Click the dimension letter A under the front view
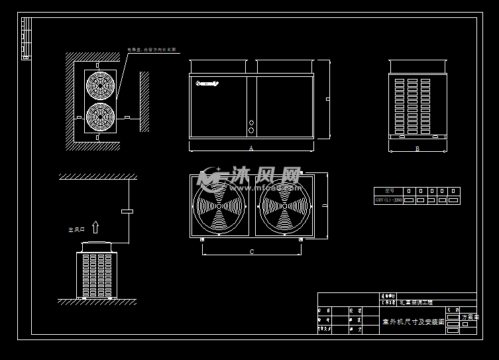[251, 148]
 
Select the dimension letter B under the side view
[417, 149]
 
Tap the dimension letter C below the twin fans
[252, 252]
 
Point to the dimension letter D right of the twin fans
[324, 206]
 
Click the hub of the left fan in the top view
[218, 206]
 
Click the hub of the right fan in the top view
[284, 206]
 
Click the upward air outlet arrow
[95, 227]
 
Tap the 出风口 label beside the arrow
[76, 230]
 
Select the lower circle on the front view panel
[251, 131]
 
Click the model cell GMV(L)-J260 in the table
[388, 200]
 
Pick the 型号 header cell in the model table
[388, 191]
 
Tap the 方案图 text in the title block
[469, 318]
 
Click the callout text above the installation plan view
[152, 49]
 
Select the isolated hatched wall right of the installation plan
[144, 101]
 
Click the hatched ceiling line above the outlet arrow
[97, 176]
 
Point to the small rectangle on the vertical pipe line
[127, 211]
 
